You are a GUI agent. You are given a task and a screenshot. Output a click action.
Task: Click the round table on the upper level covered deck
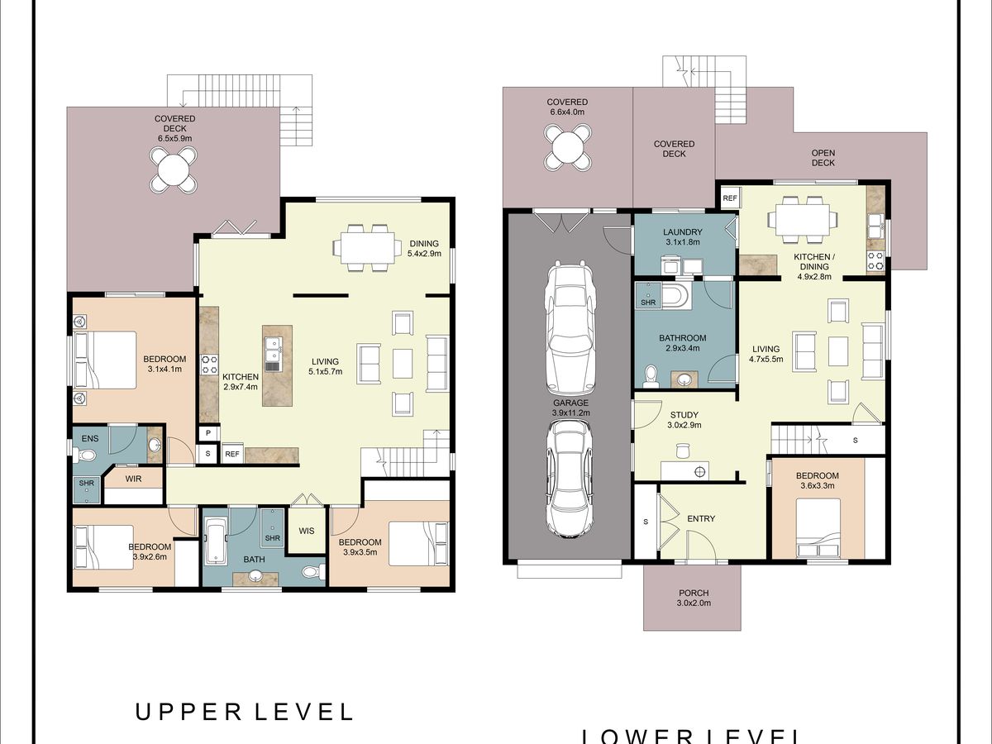[173, 170]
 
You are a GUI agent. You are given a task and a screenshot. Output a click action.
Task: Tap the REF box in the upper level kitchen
[231, 454]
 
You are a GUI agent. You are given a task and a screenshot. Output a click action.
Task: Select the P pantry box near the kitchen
[208, 432]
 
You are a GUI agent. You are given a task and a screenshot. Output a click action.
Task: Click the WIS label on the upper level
[307, 531]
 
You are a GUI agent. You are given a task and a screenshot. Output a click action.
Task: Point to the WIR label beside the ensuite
[133, 479]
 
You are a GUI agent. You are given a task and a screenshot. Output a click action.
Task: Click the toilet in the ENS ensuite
[85, 455]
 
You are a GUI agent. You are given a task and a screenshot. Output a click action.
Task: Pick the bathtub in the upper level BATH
[216, 541]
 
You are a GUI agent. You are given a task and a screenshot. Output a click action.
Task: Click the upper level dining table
[367, 247]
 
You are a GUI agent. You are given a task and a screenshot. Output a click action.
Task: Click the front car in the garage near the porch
[568, 479]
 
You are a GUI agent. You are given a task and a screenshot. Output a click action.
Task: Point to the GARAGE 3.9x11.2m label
[570, 408]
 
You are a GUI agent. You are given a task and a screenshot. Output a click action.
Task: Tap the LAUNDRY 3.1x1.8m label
[683, 236]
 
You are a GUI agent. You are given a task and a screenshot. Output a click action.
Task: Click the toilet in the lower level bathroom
[651, 376]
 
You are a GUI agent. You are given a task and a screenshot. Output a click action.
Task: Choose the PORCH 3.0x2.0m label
[694, 598]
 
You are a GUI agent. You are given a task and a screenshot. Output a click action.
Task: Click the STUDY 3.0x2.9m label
[684, 420]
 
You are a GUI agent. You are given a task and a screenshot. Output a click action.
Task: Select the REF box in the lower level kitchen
[729, 198]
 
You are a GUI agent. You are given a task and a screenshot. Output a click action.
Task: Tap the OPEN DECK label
[823, 158]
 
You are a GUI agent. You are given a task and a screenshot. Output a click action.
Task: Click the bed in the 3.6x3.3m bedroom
[818, 527]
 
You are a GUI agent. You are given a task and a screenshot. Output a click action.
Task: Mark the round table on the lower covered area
[568, 147]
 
